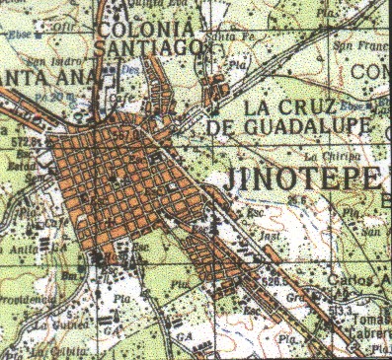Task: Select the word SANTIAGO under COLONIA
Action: tap(149, 47)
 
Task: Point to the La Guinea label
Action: tap(57, 323)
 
